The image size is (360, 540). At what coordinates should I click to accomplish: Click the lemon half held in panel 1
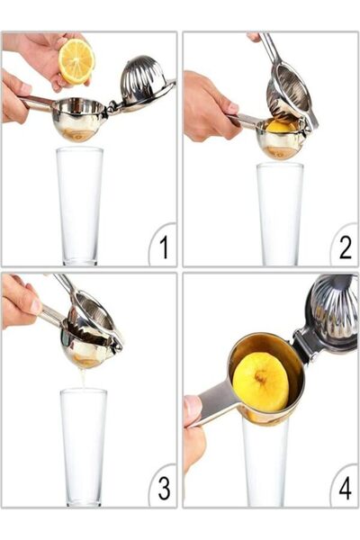click(x=76, y=61)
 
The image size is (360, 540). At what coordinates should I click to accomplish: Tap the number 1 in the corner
click(x=162, y=246)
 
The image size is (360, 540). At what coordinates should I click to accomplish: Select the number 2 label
click(x=344, y=246)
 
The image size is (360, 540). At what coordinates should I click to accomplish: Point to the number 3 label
click(x=163, y=487)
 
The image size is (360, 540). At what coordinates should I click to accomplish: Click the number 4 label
click(x=344, y=487)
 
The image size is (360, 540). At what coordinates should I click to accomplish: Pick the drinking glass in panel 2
click(x=279, y=212)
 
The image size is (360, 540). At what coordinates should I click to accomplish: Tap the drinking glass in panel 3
click(x=83, y=445)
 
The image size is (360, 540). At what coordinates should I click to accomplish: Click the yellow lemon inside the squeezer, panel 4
click(x=260, y=382)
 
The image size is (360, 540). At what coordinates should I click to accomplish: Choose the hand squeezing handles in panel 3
click(x=20, y=301)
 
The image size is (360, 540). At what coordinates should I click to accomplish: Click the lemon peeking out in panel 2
click(x=281, y=126)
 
